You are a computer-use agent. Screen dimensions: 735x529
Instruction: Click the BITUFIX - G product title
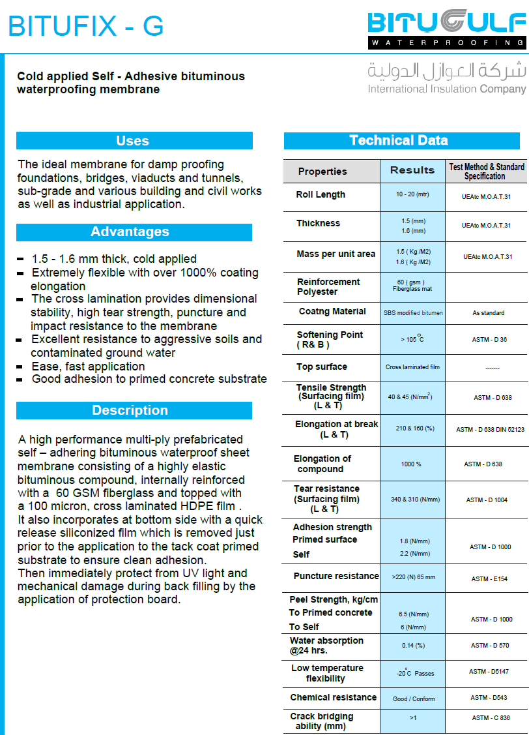click(x=85, y=26)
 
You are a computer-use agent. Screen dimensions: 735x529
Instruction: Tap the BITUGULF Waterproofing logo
click(x=446, y=29)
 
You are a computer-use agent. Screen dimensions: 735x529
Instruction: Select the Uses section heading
click(x=134, y=141)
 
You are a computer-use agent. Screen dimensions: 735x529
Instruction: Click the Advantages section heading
click(x=130, y=232)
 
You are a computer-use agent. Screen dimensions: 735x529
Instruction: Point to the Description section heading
click(x=130, y=410)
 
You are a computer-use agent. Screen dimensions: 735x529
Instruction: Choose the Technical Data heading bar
click(x=399, y=140)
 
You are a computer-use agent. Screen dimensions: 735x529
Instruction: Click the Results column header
click(x=412, y=170)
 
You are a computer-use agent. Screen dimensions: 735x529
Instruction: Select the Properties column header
click(x=322, y=172)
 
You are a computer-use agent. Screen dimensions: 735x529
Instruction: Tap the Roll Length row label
click(x=321, y=194)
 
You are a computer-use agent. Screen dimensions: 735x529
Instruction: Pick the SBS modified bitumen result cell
click(x=413, y=313)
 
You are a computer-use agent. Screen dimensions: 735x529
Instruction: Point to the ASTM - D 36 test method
click(x=489, y=339)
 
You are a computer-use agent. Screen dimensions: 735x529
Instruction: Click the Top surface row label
click(x=322, y=367)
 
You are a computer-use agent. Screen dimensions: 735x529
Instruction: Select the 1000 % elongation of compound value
click(x=411, y=464)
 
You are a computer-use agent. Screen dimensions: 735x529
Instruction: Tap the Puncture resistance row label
click(x=336, y=576)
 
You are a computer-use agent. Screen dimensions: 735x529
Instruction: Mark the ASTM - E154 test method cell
click(x=489, y=578)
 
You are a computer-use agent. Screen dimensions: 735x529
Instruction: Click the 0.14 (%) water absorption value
click(x=413, y=646)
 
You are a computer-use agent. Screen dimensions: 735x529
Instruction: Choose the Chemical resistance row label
click(x=334, y=697)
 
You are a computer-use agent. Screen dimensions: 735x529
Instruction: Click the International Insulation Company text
click(x=446, y=89)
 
